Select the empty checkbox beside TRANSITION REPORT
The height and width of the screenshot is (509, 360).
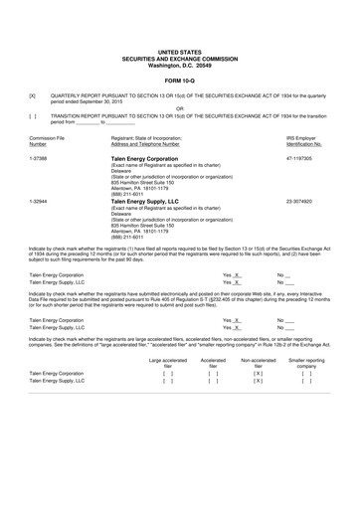coord(33,116)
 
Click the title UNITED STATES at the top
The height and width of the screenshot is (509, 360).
coord(180,49)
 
